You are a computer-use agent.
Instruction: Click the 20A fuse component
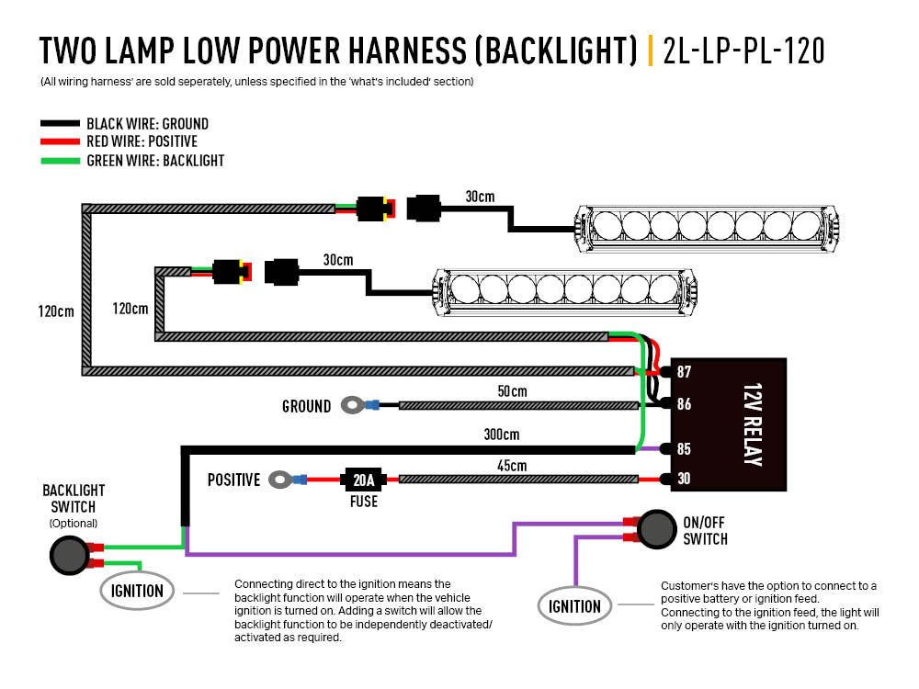(364, 479)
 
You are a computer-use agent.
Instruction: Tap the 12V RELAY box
(729, 425)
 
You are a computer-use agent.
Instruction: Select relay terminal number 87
(684, 372)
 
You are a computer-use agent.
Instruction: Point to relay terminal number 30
(684, 479)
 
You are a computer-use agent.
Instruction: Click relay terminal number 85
(684, 449)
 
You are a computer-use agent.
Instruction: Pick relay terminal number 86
(684, 404)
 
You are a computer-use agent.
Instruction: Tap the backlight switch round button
(67, 554)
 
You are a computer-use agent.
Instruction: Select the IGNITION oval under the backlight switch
(137, 591)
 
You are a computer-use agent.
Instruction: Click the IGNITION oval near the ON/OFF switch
(574, 606)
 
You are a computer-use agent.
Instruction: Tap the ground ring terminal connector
(351, 404)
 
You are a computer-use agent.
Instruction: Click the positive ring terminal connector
(278, 479)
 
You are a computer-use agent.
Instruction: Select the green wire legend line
(60, 161)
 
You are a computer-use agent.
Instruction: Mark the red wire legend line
(60, 141)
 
